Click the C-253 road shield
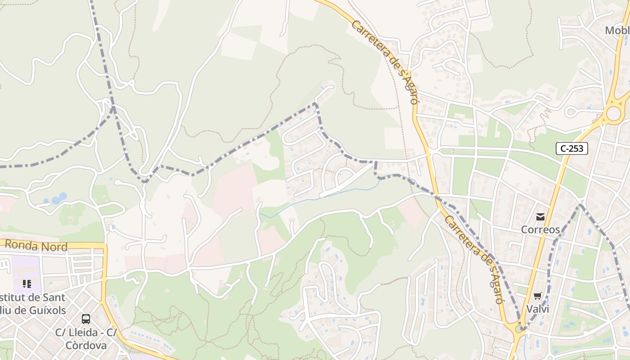tap(572, 148)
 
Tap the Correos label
tap(540, 229)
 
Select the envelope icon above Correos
tap(540, 217)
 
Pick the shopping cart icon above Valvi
tap(537, 296)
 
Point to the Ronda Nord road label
tap(36, 246)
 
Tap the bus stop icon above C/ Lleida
tap(86, 319)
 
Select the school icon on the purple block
tap(27, 284)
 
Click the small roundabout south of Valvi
tap(520, 329)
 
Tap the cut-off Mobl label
tap(617, 31)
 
